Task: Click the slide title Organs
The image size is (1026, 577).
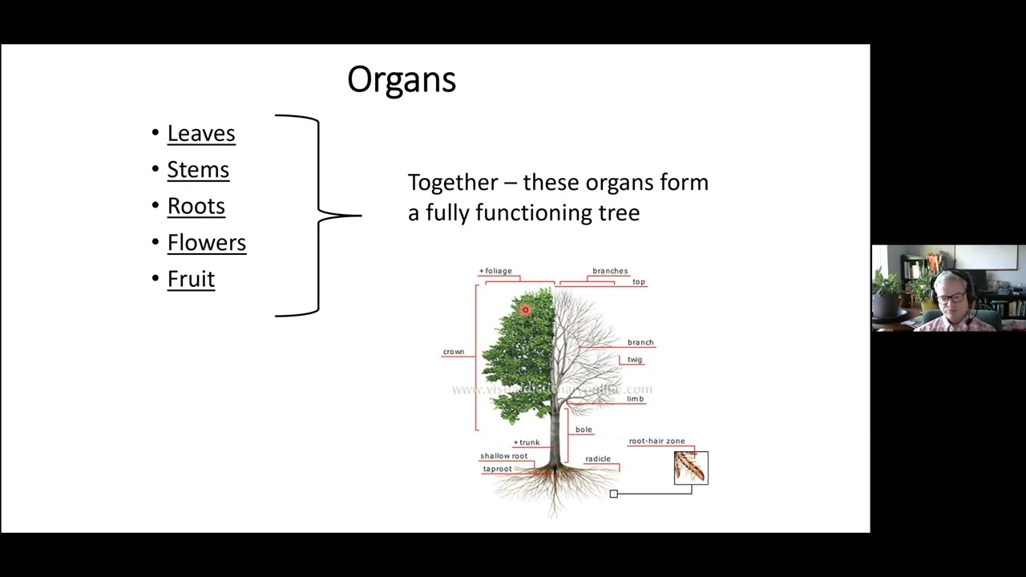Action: click(402, 79)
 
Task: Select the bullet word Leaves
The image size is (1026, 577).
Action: click(201, 133)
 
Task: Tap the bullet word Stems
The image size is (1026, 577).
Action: click(198, 170)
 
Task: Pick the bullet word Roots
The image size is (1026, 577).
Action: click(196, 206)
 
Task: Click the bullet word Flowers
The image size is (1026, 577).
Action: click(206, 242)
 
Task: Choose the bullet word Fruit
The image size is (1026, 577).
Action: click(191, 279)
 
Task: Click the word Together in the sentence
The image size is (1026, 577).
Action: click(451, 183)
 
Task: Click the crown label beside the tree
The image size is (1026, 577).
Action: click(454, 352)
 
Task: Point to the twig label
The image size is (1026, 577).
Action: click(635, 360)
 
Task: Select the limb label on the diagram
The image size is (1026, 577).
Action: click(635, 398)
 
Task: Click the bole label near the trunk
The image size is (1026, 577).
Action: click(584, 430)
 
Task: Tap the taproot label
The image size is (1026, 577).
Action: click(497, 469)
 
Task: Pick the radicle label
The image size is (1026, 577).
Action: click(598, 459)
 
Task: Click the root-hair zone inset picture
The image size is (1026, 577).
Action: click(691, 468)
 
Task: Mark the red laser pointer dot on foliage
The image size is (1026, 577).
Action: click(526, 310)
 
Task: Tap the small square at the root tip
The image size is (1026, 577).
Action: click(614, 494)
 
